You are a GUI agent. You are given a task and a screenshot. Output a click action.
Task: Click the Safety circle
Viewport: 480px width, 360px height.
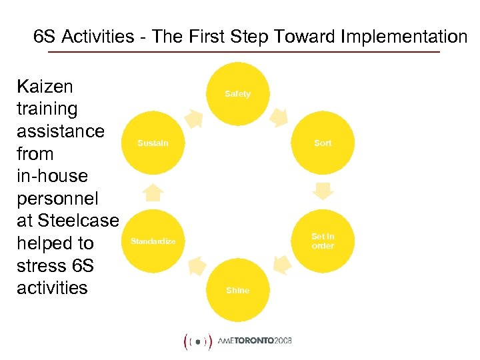coord(238,94)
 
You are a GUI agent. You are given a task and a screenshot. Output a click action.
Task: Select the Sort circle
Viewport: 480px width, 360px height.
coord(323,143)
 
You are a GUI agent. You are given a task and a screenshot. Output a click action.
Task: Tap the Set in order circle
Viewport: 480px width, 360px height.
coord(323,241)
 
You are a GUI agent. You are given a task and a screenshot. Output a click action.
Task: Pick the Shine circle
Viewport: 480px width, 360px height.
coord(238,290)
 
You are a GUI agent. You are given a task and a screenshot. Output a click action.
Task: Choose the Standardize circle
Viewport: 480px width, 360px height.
coord(153,241)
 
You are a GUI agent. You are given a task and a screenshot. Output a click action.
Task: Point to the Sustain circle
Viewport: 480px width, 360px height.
coord(153,143)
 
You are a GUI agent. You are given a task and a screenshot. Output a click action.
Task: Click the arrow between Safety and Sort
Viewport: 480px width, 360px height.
coord(279,118)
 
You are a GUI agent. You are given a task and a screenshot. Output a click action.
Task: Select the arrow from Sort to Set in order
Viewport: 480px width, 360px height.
coord(323,192)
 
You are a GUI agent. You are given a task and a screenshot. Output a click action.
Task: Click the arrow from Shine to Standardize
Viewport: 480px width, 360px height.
coord(196,265)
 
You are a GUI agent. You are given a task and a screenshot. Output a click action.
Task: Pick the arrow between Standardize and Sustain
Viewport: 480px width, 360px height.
coord(154,192)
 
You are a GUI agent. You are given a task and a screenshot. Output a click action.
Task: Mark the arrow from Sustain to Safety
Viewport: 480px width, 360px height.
coord(194,119)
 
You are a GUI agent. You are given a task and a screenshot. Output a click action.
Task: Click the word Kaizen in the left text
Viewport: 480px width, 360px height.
coord(45,86)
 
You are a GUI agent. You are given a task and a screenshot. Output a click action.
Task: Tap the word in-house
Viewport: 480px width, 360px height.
coord(52,176)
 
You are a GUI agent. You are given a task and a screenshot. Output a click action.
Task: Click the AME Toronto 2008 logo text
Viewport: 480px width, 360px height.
coord(255,341)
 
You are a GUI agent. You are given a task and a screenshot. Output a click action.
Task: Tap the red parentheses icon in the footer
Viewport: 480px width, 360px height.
coord(197,341)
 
